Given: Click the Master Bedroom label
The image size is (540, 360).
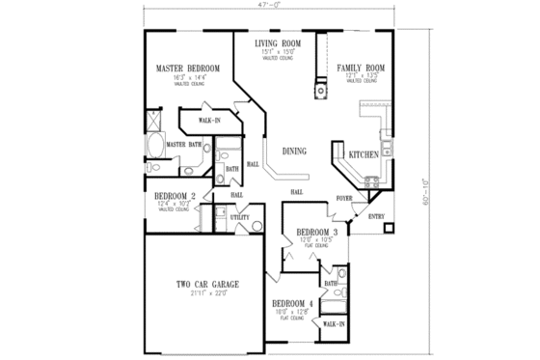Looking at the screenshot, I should [x=188, y=69].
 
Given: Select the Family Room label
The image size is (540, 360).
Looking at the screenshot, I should [x=361, y=69].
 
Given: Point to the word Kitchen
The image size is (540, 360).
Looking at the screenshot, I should [x=364, y=154].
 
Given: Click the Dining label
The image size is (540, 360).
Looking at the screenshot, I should [x=295, y=152].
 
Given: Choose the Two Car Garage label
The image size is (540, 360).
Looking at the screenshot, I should [x=207, y=284].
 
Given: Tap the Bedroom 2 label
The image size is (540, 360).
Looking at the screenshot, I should [x=175, y=196].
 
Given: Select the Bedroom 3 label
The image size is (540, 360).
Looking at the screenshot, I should [x=316, y=234].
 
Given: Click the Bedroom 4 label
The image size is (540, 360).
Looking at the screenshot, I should [x=292, y=303].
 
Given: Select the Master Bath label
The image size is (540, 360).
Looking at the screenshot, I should [x=182, y=145].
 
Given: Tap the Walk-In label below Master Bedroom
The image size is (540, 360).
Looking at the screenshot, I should [x=209, y=121].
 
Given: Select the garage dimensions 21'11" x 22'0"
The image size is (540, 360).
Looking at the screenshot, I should [x=207, y=292].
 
